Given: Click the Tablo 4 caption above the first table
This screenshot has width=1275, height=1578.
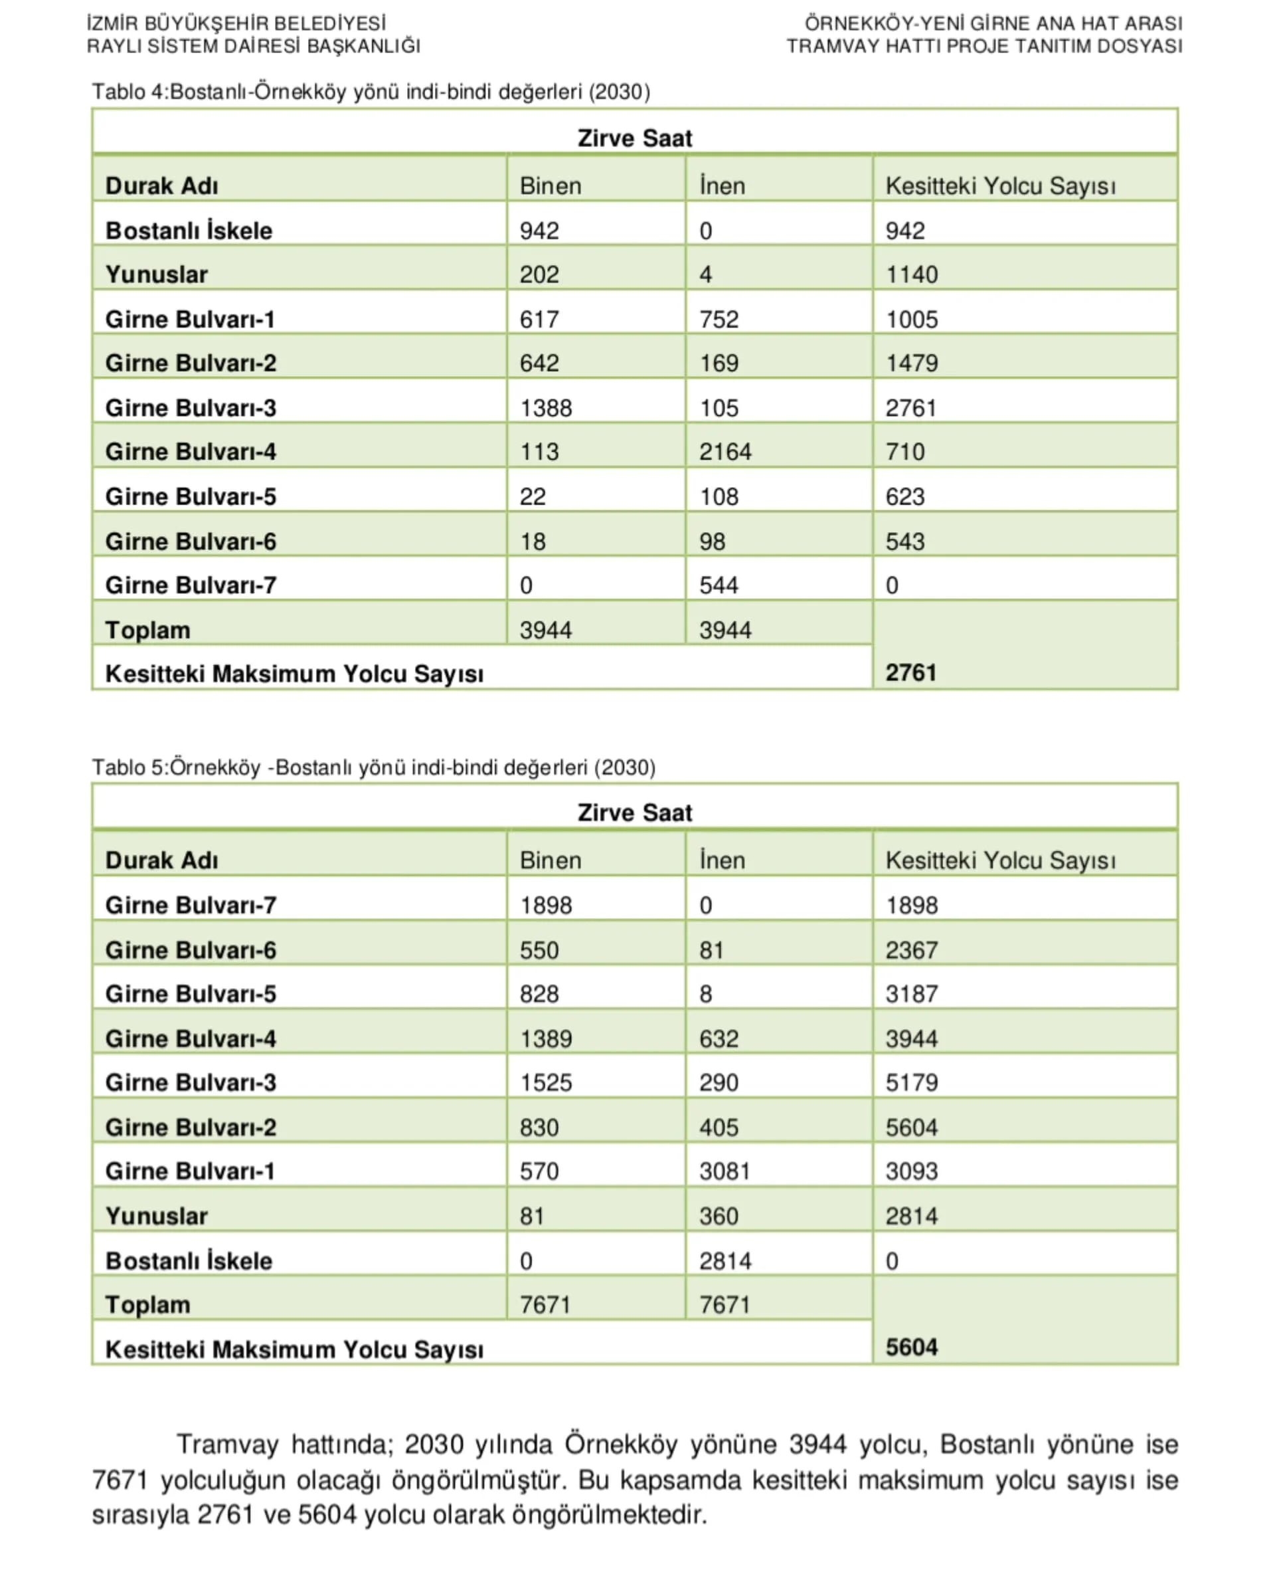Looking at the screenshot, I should coord(371,92).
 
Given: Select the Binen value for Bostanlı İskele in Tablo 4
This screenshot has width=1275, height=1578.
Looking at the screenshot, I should coord(539,231).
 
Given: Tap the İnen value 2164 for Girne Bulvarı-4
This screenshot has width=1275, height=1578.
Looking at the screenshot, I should coord(725,451).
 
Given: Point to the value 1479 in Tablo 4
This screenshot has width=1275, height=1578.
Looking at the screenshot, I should coord(912,363).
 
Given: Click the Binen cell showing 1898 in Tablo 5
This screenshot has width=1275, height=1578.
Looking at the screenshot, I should coord(545,905).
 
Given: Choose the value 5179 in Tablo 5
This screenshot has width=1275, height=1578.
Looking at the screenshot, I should coord(912,1082).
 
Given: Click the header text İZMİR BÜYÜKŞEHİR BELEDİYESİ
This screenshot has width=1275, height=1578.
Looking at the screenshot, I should coord(236,23).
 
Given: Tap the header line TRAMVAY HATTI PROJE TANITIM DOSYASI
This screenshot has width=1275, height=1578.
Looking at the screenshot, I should coord(984,47).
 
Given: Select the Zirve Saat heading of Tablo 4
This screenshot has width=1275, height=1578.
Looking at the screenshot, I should coord(635,138).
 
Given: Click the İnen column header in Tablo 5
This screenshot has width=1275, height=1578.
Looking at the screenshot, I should coord(722,860).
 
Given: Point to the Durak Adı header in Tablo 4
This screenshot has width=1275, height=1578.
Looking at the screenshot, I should coord(161,186).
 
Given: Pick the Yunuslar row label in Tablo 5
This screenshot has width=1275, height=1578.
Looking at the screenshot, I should coord(157,1216).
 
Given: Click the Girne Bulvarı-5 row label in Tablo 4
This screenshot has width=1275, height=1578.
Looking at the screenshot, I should coord(191,496).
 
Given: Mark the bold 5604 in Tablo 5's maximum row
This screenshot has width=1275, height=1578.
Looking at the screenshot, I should coord(912,1347).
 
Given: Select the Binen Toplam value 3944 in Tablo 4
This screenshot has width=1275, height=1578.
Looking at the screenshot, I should coord(545,630).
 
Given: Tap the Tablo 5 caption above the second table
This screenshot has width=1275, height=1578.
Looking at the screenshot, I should coord(373,767).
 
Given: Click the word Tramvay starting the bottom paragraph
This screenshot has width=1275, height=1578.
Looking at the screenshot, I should coord(227,1444).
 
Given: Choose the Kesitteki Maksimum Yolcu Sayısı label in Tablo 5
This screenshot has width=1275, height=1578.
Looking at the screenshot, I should coord(295,1349).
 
